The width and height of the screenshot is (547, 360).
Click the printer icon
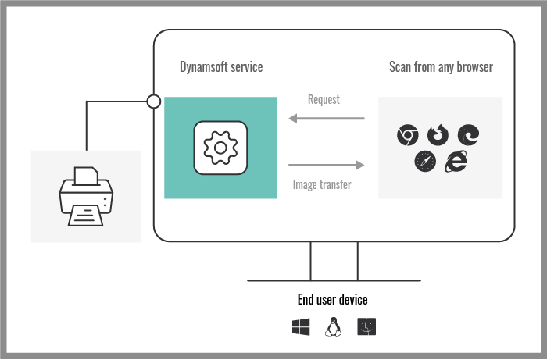[86, 196]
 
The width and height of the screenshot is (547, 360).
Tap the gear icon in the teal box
[220, 147]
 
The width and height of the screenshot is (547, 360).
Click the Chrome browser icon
[406, 135]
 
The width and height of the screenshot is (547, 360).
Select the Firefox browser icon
[438, 135]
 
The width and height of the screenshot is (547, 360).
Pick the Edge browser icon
[468, 135]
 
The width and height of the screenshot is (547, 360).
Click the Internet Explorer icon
[456, 162]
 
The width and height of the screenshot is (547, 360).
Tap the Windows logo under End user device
[301, 327]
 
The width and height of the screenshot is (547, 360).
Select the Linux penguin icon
[334, 327]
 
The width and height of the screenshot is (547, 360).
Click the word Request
[324, 100]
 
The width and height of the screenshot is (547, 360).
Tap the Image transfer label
[322, 185]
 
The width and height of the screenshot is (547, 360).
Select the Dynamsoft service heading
[221, 67]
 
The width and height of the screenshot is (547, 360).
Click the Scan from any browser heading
[441, 67]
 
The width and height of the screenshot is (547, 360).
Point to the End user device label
[332, 300]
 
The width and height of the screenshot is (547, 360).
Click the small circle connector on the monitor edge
[154, 101]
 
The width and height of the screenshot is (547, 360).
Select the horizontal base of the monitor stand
[334, 280]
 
